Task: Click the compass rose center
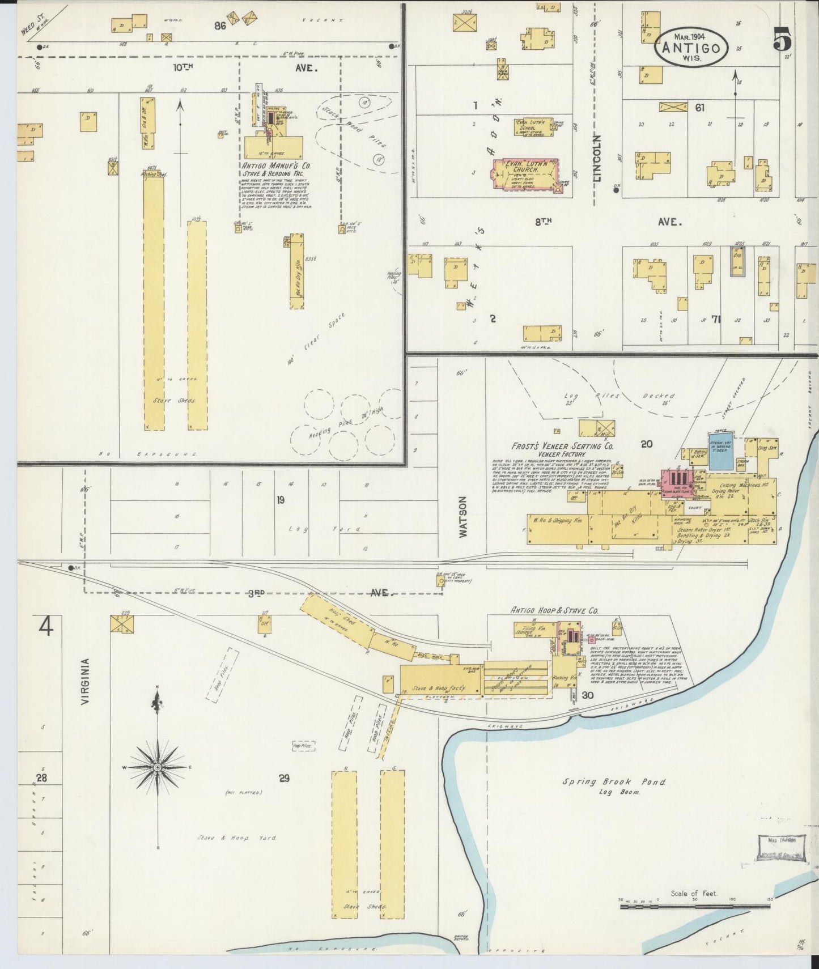click(157, 767)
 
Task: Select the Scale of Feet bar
click(694, 907)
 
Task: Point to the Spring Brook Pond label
click(613, 782)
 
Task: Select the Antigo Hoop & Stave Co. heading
click(554, 611)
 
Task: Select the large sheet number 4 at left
click(46, 627)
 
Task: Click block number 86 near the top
click(220, 25)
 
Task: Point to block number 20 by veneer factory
click(646, 444)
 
